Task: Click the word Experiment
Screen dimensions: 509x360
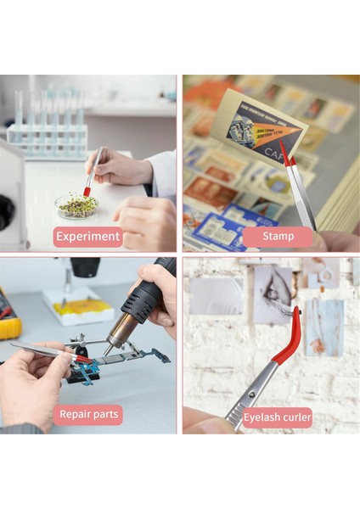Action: [x=87, y=237]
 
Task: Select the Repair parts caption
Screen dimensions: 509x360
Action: [x=87, y=415]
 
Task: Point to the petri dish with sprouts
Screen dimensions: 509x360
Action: [x=76, y=205]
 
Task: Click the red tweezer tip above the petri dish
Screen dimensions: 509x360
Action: [x=87, y=191]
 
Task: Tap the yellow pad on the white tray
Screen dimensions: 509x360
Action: [x=81, y=307]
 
